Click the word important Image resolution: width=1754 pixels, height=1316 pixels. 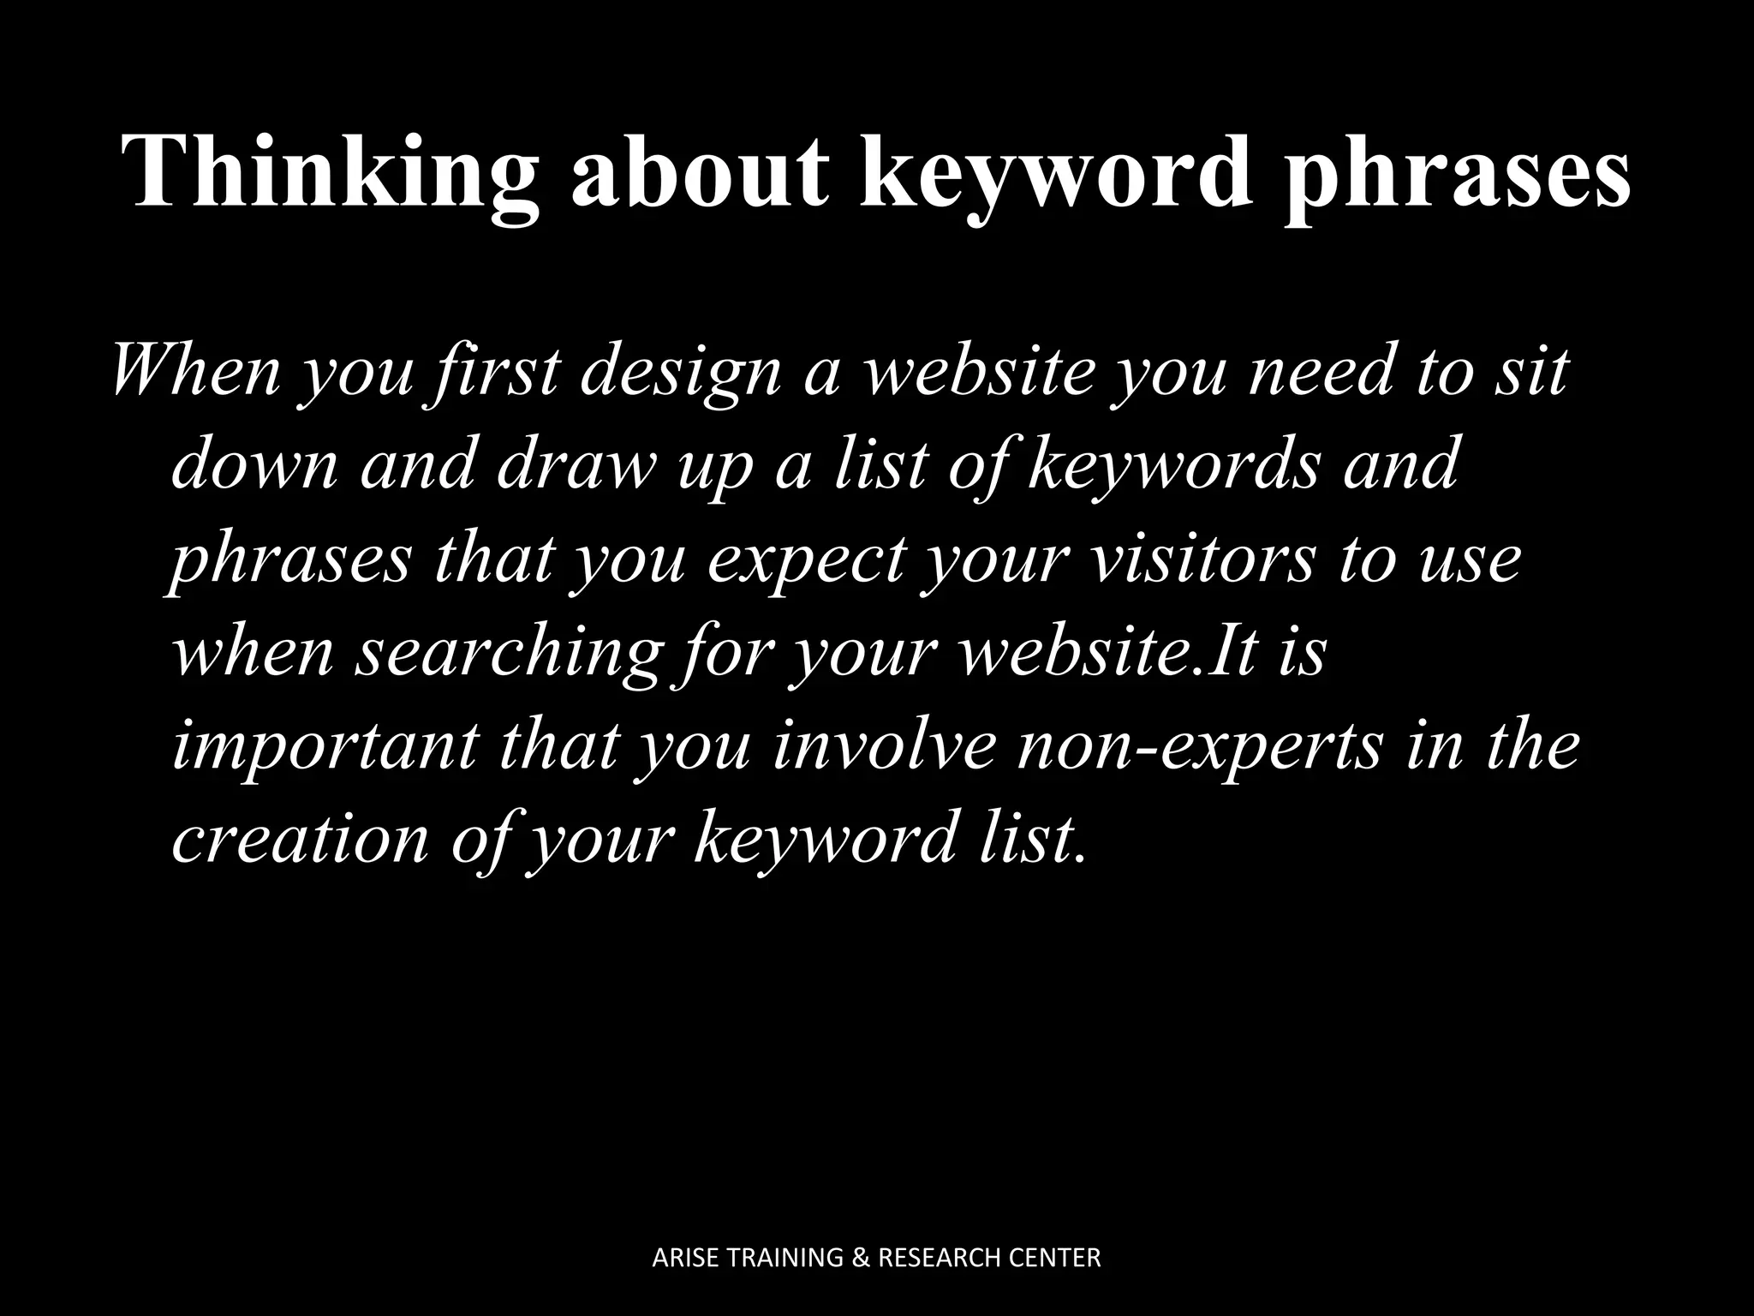[x=325, y=745]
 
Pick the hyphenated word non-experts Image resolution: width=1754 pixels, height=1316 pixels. [x=1199, y=745]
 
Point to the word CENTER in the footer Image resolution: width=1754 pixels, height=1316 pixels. [x=1058, y=1259]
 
